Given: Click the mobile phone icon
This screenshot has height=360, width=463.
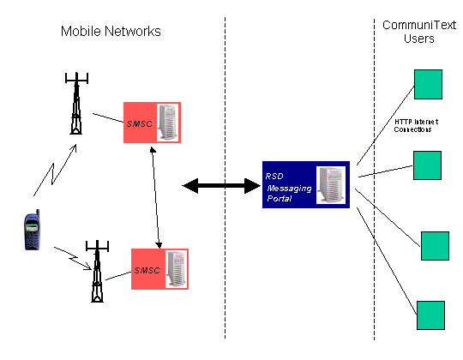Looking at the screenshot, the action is click(32, 230).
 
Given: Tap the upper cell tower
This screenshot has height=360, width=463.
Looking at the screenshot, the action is click(76, 103).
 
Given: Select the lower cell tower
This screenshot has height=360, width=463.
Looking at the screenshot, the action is click(97, 271).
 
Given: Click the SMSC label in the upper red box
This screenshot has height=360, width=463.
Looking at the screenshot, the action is click(140, 123).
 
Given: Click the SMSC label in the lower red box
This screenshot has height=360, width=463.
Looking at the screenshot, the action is click(147, 270).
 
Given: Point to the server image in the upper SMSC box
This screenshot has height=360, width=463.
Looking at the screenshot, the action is click(168, 123).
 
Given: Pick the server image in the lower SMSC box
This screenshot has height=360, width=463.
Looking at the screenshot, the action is click(177, 269).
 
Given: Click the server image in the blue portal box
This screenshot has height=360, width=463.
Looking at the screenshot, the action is click(331, 185).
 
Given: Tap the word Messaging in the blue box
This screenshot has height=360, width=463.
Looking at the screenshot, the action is click(290, 189).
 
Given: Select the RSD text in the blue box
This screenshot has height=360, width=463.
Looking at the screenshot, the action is click(274, 177).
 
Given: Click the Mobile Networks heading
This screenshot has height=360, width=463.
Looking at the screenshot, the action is click(111, 31).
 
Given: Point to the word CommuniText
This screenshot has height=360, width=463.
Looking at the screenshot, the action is click(419, 25).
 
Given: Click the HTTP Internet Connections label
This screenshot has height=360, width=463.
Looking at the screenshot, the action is click(416, 126).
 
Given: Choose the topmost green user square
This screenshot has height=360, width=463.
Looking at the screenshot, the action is click(428, 84).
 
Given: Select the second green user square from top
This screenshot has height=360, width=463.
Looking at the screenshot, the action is click(427, 165).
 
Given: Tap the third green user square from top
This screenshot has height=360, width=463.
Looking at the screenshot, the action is click(435, 246).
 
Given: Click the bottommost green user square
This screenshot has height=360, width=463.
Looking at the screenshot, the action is click(430, 315).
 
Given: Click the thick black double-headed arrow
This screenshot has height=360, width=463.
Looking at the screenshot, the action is click(221, 186).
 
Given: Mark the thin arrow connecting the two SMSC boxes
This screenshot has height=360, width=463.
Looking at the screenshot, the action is click(156, 198).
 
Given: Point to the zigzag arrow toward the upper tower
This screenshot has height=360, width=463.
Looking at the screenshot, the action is click(55, 171).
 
